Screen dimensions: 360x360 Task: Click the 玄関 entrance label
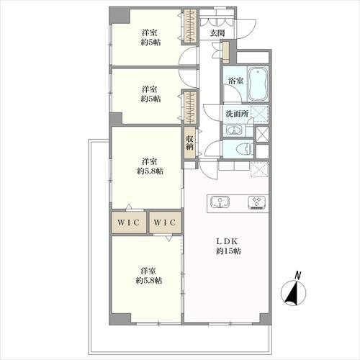pos(217,33)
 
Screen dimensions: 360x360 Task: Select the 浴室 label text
pos(235,81)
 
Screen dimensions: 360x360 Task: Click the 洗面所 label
pos(235,114)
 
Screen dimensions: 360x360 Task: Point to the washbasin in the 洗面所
pos(234,130)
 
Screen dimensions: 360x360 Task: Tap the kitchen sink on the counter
pos(219,202)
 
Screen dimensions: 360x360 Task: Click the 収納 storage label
pos(190,143)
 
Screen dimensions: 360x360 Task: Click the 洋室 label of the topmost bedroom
pos(149,32)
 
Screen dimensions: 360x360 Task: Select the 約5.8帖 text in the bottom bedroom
pos(149,281)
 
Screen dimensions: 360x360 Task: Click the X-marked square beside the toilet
pos(262,134)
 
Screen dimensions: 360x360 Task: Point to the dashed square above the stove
pos(260,170)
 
